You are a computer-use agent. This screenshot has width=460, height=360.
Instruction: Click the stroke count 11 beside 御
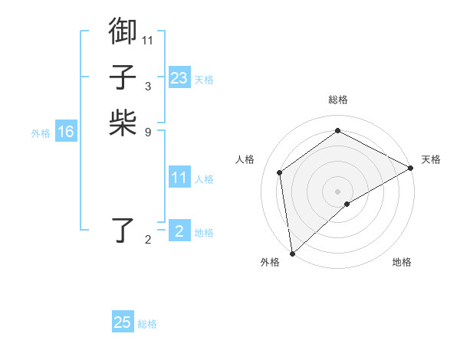[148, 39]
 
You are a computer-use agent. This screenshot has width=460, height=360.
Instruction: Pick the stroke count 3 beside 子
[147, 86]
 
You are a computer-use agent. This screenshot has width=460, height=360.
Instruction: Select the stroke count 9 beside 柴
[147, 131]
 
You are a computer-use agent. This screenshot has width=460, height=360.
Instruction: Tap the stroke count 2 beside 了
[148, 240]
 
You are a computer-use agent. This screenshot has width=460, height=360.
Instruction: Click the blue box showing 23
[179, 78]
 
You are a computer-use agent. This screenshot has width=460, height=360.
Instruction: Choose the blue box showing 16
[66, 132]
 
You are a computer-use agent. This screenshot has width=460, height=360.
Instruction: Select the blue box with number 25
[123, 322]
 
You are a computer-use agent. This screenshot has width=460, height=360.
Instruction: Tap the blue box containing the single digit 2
[179, 231]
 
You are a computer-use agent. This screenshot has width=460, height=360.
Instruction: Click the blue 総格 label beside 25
[148, 324]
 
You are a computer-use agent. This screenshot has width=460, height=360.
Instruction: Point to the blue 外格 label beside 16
[41, 133]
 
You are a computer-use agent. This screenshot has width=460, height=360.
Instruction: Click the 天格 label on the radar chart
[431, 159]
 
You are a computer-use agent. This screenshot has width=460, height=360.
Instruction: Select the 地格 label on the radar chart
[402, 263]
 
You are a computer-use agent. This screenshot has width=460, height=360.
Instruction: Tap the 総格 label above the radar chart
[337, 100]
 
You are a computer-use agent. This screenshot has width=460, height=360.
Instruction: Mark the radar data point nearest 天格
[411, 169]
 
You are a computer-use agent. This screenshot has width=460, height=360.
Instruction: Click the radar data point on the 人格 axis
[280, 172]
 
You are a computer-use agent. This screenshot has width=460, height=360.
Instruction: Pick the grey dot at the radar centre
[337, 191]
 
